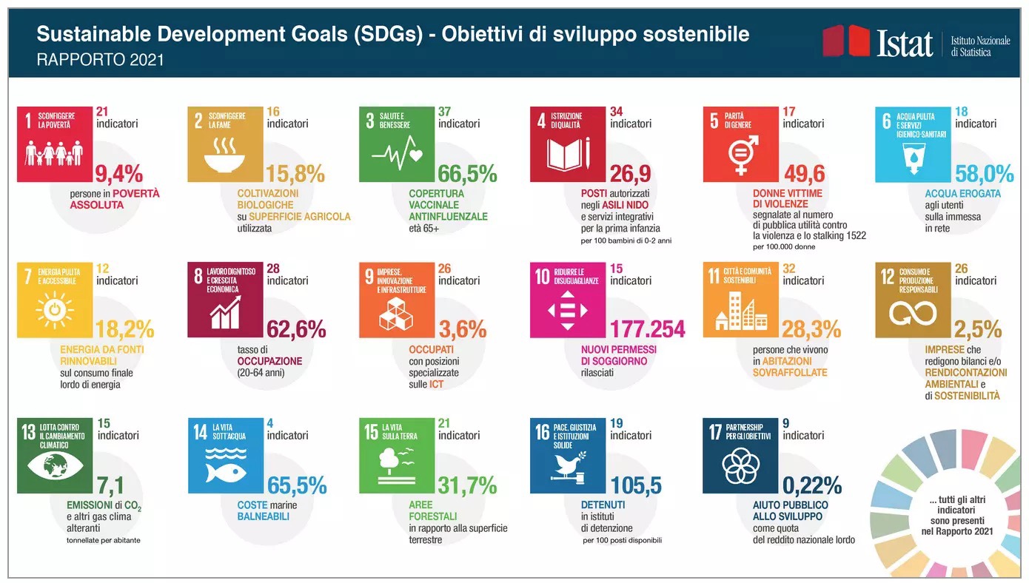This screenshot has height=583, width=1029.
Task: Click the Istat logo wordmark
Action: tap(905, 44)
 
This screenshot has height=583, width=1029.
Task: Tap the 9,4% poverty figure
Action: tap(119, 174)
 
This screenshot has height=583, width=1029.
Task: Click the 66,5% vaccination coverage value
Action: tap(467, 174)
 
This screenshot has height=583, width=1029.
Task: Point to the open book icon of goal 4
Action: tap(569, 153)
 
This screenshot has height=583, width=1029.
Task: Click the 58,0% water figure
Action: tap(985, 174)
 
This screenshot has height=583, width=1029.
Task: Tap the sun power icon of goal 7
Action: tap(55, 311)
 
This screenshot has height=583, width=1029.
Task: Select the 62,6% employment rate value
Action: tap(296, 329)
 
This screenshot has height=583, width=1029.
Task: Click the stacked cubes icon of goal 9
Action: tap(396, 313)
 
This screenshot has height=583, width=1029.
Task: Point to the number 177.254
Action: tap(647, 329)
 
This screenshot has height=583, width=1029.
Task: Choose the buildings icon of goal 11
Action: tap(741, 312)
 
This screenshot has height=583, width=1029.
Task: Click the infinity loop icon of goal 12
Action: tap(913, 314)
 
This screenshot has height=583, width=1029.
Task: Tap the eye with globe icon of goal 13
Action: tap(55, 465)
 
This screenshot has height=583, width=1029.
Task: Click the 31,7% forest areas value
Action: tap(467, 485)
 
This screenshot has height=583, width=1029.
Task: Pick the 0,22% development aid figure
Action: tap(812, 485)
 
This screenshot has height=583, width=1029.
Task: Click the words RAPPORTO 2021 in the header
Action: tap(100, 60)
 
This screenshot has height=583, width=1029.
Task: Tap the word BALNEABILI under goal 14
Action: tap(264, 517)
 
